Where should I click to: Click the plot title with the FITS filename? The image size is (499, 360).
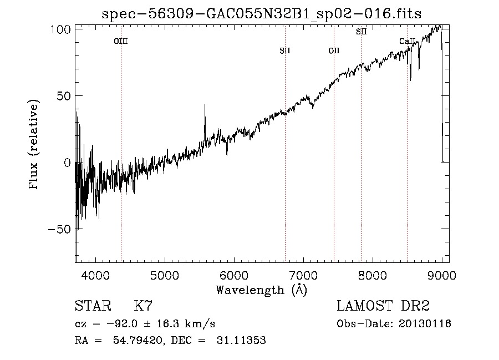(x=262, y=14)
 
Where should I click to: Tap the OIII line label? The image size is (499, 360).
(x=121, y=41)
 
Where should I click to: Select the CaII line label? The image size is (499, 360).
(x=408, y=42)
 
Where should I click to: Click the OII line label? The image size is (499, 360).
(x=334, y=51)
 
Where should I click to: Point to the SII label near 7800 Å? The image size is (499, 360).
(x=361, y=32)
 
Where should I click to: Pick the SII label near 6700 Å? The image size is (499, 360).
(x=285, y=51)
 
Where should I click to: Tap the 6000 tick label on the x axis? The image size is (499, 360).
(x=234, y=275)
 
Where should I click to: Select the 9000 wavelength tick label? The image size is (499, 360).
(x=441, y=275)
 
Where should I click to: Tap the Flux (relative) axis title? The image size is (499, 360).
(x=34, y=145)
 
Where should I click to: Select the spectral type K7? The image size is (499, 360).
(x=143, y=306)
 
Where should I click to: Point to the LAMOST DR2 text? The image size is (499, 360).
(x=383, y=306)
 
